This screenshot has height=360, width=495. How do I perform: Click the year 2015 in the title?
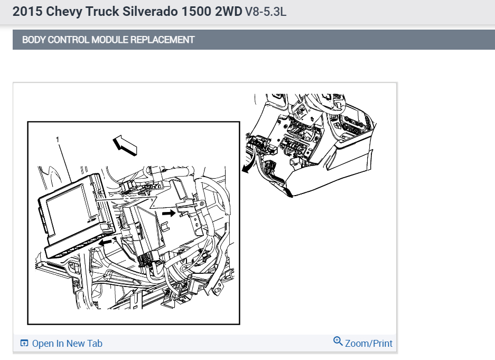(x=25, y=12)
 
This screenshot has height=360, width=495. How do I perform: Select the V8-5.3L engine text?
(x=266, y=12)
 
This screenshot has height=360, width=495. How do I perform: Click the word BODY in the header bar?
(x=33, y=40)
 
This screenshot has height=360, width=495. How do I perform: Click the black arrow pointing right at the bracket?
(x=169, y=213)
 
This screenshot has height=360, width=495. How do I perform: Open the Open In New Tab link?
(x=67, y=344)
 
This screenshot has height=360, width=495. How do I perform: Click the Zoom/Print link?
(x=369, y=344)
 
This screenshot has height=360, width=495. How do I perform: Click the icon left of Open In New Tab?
(x=24, y=344)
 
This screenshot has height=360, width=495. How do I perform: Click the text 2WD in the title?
(x=229, y=12)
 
